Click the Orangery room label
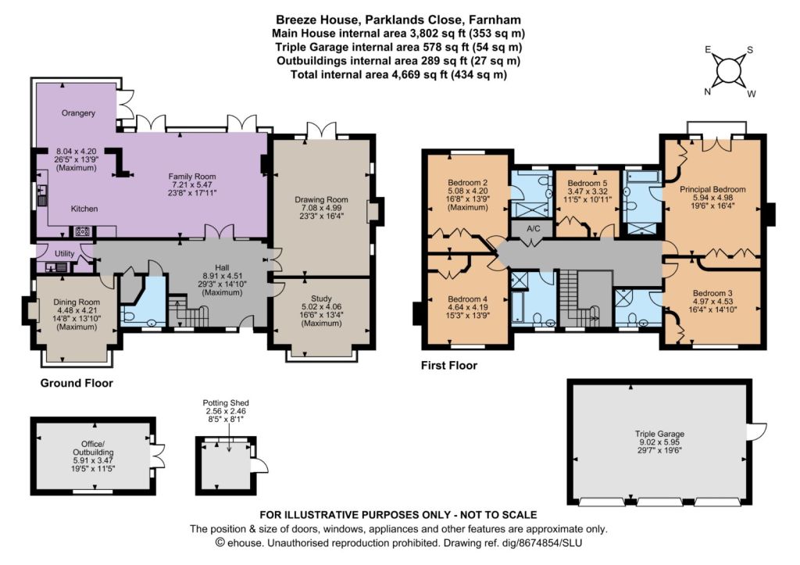coord(78,113)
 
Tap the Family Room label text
coord(192,177)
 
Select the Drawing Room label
coord(321,199)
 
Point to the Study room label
coord(321,299)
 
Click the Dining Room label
coord(77,302)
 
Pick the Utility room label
coord(64,253)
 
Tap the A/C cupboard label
coord(533,228)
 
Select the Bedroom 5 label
coord(587,183)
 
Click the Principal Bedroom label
coord(712,189)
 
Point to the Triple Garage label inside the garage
coord(659,434)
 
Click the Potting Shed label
coord(226,402)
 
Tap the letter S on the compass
coord(749,50)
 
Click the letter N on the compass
coord(708,92)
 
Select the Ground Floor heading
coord(77,383)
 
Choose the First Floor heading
coord(449,366)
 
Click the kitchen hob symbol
coord(82,232)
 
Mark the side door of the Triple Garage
coord(756,431)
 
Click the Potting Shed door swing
coord(259,466)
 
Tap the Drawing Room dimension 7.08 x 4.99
coord(321,208)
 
